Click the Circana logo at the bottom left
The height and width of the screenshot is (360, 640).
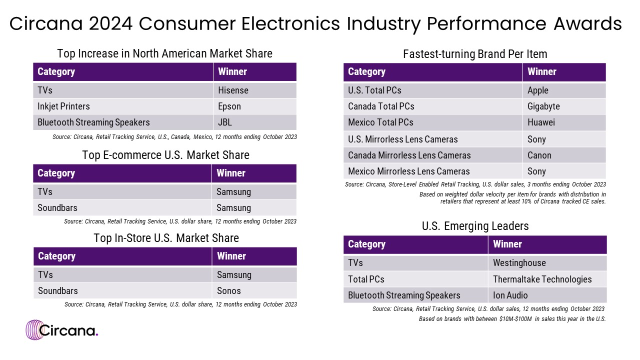(x=62, y=330)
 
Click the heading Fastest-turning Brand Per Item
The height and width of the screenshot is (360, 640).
(x=475, y=54)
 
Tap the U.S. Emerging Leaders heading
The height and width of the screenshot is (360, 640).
(x=475, y=226)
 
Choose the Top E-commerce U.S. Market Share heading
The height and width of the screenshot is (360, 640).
(x=165, y=155)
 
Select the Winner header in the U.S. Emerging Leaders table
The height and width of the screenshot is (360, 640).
(x=507, y=244)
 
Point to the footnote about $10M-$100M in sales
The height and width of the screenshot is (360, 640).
(x=512, y=319)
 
